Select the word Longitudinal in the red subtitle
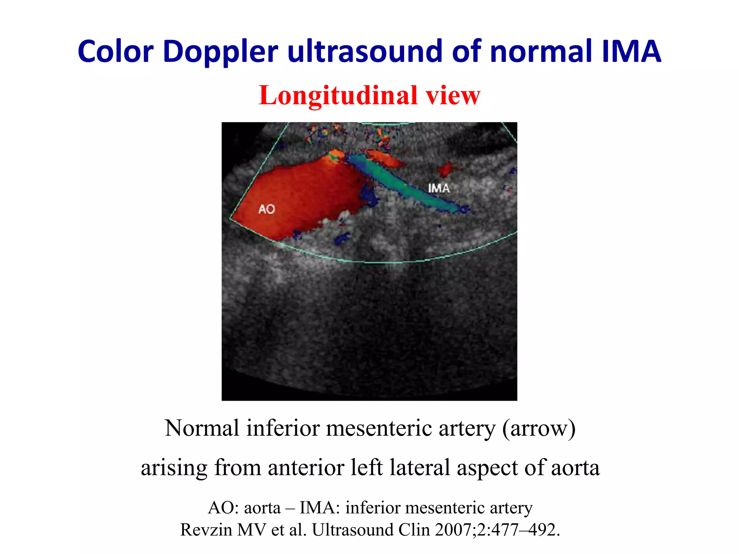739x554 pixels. [x=337, y=96]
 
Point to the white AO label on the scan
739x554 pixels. [x=267, y=209]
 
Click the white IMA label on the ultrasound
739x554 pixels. [x=439, y=188]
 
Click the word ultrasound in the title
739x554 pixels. [x=364, y=52]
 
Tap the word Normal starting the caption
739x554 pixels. [x=202, y=428]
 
